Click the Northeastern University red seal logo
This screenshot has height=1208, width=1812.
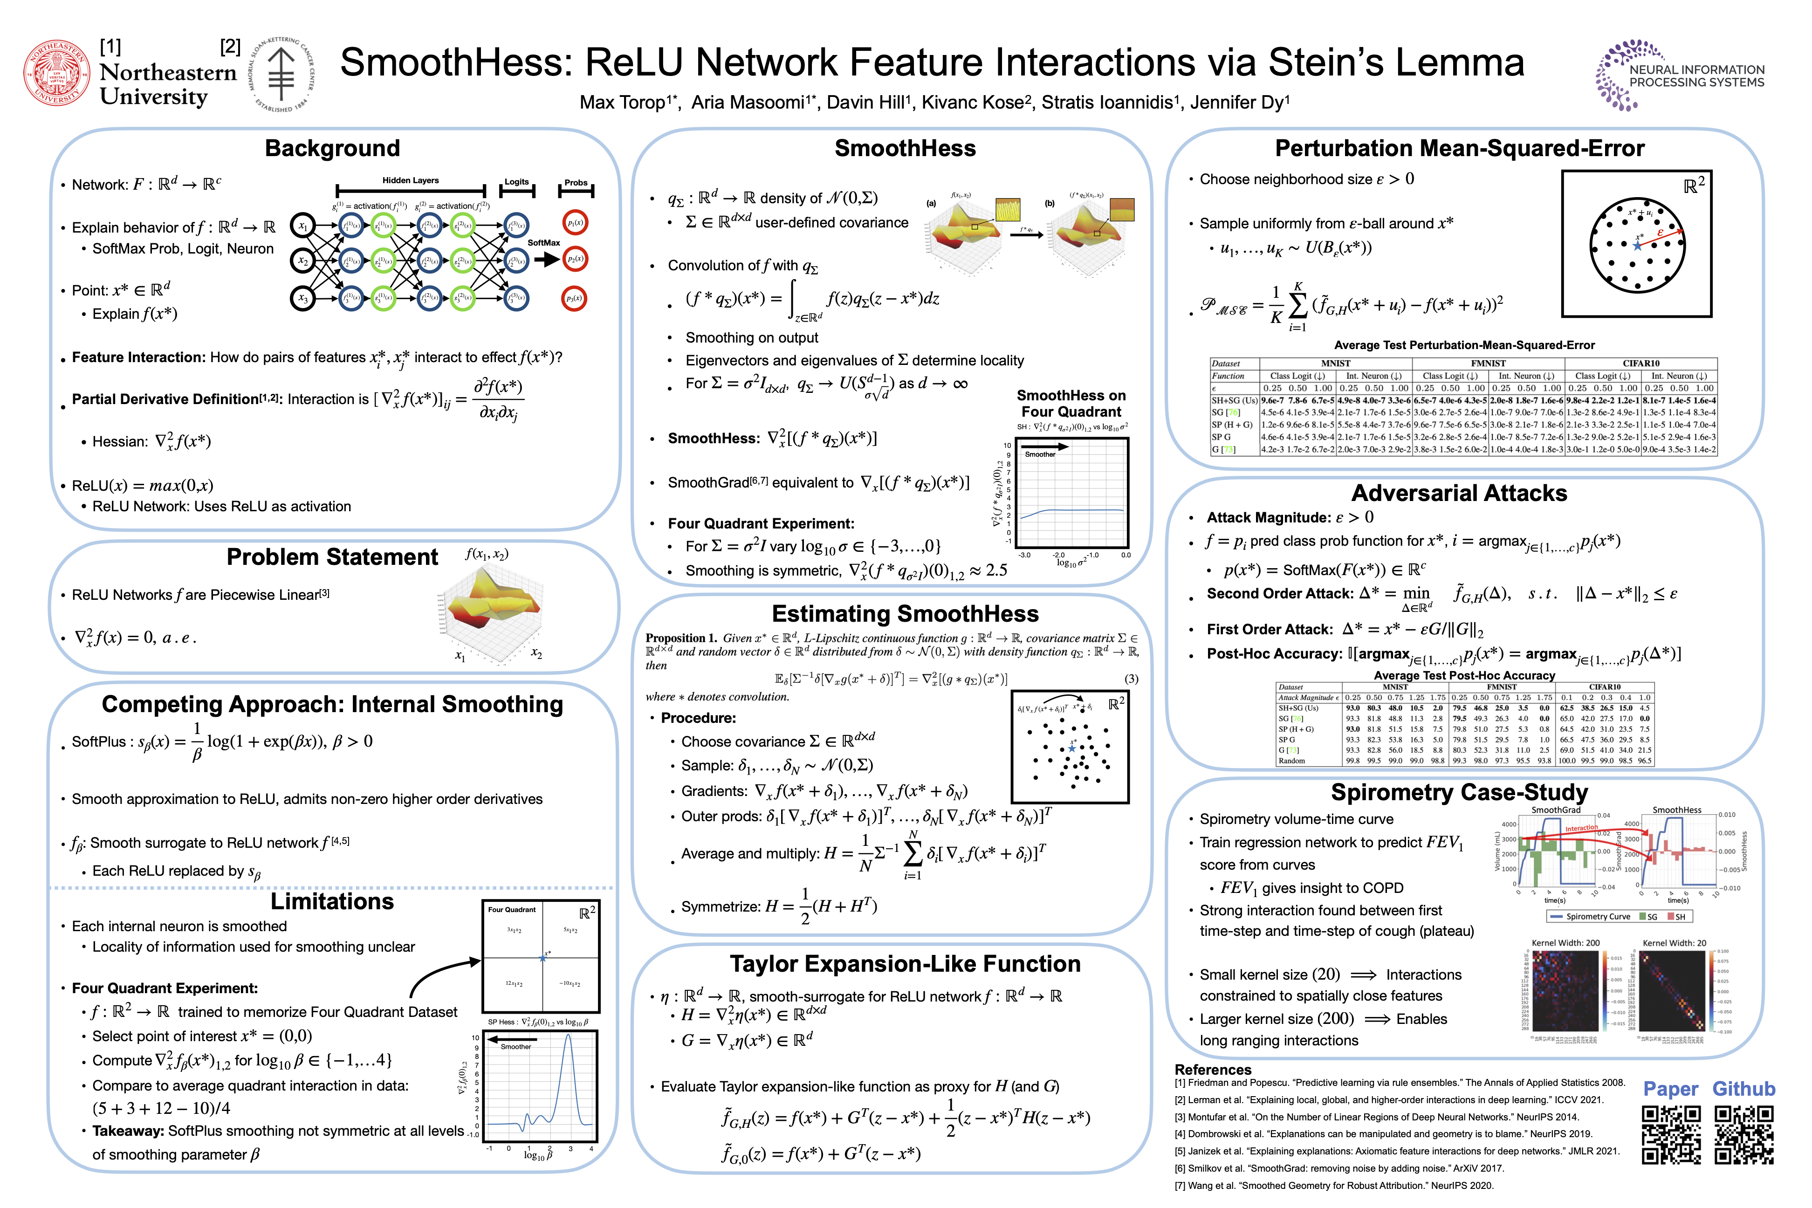pos(56,74)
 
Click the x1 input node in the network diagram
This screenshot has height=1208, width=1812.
pos(303,226)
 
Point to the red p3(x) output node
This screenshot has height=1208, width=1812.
pos(575,298)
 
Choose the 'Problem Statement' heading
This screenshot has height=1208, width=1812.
pos(332,557)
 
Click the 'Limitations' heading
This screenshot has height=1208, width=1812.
pos(332,901)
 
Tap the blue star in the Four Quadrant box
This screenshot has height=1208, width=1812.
pos(542,958)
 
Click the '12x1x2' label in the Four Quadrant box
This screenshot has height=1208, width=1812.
pos(514,984)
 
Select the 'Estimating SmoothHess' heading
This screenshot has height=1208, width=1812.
pos(905,613)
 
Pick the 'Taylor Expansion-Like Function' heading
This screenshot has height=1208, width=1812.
pos(905,964)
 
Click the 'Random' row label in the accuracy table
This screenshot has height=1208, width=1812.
pos(1292,761)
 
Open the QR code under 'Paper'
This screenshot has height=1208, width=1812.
pos(1670,1134)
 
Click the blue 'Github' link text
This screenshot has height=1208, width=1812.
pos(1743,1089)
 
